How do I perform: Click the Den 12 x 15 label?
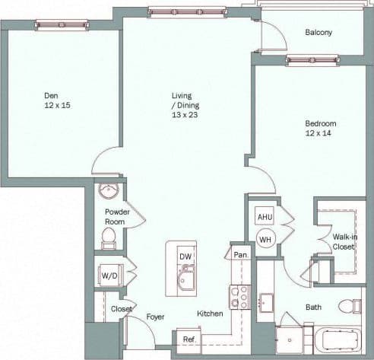pyautogui.click(x=52, y=100)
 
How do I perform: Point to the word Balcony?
pyautogui.click(x=318, y=33)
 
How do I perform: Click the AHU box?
pyautogui.click(x=265, y=216)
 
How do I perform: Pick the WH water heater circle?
pyautogui.click(x=265, y=239)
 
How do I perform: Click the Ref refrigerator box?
pyautogui.click(x=188, y=339)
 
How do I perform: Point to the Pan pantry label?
pyautogui.click(x=240, y=255)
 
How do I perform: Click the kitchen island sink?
pyautogui.click(x=187, y=281)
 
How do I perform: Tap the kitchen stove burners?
pyautogui.click(x=239, y=297)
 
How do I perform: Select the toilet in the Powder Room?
pyautogui.click(x=109, y=237)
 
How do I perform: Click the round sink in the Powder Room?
pyautogui.click(x=109, y=190)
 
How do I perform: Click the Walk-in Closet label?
pyautogui.click(x=345, y=241)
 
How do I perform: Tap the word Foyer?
pyautogui.click(x=156, y=317)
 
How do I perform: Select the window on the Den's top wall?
pyautogui.click(x=62, y=25)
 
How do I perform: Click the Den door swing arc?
pyautogui.click(x=103, y=161)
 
